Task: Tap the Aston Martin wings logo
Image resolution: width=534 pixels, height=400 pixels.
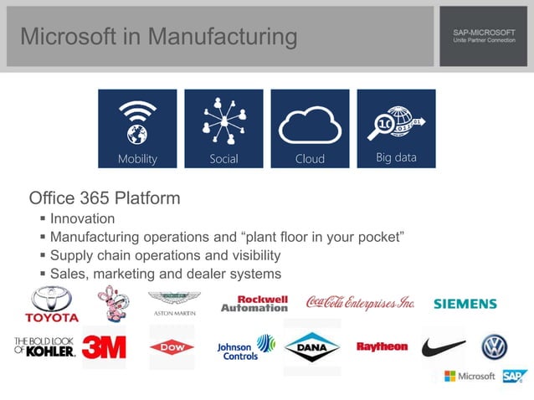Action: [x=174, y=302]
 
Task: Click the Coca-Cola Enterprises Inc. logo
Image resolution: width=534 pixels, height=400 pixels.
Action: [x=360, y=302]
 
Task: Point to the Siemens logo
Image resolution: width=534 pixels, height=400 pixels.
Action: [x=465, y=305]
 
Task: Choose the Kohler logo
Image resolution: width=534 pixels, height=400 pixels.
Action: [x=45, y=346]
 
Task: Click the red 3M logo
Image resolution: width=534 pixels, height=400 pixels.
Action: [x=104, y=346]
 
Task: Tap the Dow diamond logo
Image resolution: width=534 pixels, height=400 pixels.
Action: [x=172, y=346]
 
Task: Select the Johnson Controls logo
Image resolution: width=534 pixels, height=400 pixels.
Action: [x=245, y=347]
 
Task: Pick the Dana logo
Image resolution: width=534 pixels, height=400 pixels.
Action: [x=312, y=346]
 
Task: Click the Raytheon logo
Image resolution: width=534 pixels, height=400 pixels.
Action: [x=382, y=346]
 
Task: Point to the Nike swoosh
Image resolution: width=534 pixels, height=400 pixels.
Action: [x=444, y=346]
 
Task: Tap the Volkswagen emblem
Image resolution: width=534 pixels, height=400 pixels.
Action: [x=494, y=346]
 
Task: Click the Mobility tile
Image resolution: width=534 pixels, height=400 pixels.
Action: [x=137, y=129]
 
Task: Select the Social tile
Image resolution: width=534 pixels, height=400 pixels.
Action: [x=223, y=129]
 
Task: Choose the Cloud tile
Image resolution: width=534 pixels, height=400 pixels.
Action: [x=310, y=129]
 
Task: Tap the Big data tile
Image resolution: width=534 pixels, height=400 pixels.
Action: [x=396, y=129]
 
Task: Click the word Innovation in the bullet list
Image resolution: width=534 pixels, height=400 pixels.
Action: [x=82, y=219]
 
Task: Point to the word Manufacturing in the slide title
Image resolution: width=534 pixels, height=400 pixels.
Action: [x=222, y=37]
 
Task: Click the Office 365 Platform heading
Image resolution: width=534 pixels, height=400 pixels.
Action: [x=105, y=199]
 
